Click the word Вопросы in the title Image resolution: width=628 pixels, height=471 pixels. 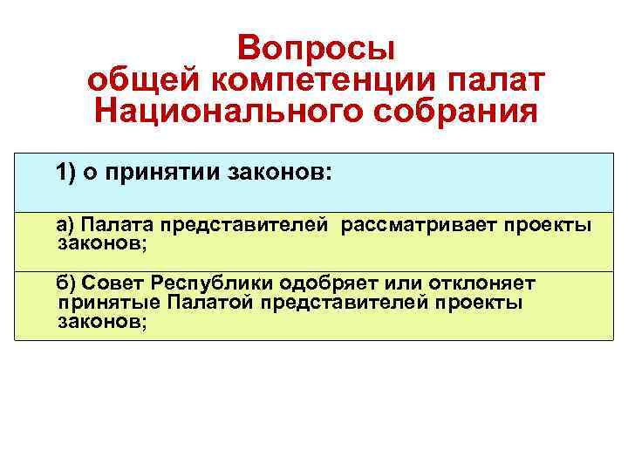316,46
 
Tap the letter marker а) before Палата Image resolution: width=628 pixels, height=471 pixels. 66,226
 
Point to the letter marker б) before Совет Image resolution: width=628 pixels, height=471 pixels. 67,283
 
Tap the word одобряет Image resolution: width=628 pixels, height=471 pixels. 327,283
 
